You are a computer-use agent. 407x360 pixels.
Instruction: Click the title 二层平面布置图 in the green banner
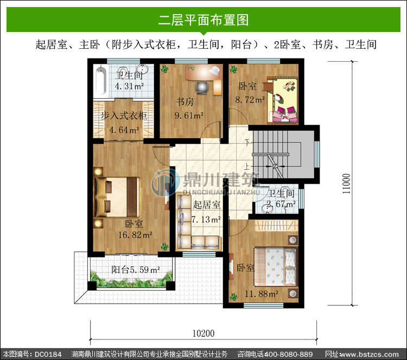coord(203,20)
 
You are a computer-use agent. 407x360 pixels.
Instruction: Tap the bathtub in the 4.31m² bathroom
coord(101,80)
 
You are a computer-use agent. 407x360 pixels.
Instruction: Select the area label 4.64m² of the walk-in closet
coord(124,130)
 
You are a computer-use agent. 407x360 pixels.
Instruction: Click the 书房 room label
coord(185,101)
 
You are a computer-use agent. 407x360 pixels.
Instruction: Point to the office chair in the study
coord(202,88)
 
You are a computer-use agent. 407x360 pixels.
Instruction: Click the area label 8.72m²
coord(250,100)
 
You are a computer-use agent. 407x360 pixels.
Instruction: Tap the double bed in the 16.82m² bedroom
coord(117,197)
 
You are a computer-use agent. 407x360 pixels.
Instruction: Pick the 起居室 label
coord(207,204)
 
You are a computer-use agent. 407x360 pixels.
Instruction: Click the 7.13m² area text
coord(206,220)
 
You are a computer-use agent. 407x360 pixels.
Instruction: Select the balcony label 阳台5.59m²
coord(136,270)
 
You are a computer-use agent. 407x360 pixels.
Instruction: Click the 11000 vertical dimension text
coord(346,184)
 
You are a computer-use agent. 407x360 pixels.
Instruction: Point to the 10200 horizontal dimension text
coord(203,333)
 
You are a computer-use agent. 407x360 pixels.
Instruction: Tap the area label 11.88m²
coord(262,294)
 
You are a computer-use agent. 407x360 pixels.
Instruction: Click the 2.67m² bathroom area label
coord(281,204)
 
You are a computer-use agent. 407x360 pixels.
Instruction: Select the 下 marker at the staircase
coord(247,142)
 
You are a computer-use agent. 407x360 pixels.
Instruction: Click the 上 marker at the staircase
coord(246,166)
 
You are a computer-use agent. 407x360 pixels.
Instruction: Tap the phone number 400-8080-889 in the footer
coord(288,354)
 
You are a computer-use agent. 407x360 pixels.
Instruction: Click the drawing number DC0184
coord(48,354)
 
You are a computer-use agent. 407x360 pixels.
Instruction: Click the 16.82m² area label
coord(135,235)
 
